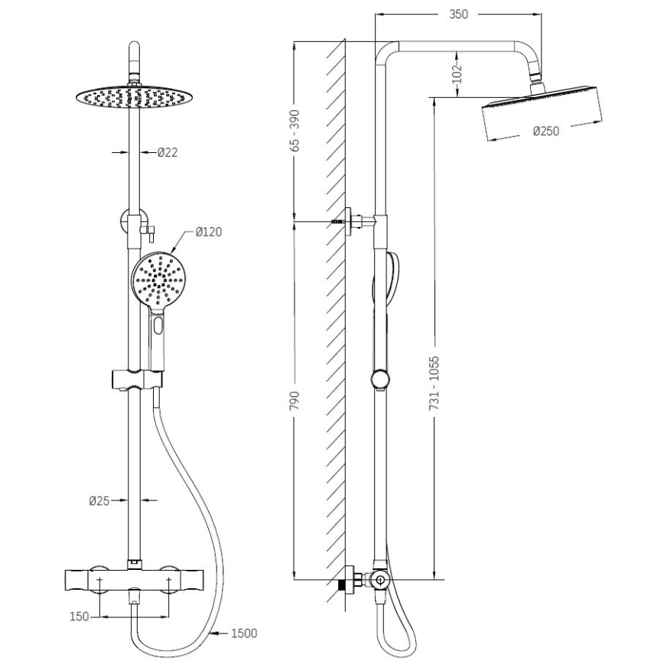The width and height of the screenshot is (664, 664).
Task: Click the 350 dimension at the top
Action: (458, 14)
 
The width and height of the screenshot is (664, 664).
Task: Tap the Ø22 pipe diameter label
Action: (168, 152)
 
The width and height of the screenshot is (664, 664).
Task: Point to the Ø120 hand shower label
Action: (208, 232)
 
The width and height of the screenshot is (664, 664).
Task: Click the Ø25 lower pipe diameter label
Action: (99, 501)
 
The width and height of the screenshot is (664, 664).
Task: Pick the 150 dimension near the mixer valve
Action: (80, 616)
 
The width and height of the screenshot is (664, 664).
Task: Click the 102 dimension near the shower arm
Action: (457, 73)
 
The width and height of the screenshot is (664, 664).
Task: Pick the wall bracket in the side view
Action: (354, 222)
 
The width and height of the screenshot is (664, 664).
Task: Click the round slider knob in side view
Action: (379, 379)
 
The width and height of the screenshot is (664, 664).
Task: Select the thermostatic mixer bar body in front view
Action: (135, 581)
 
